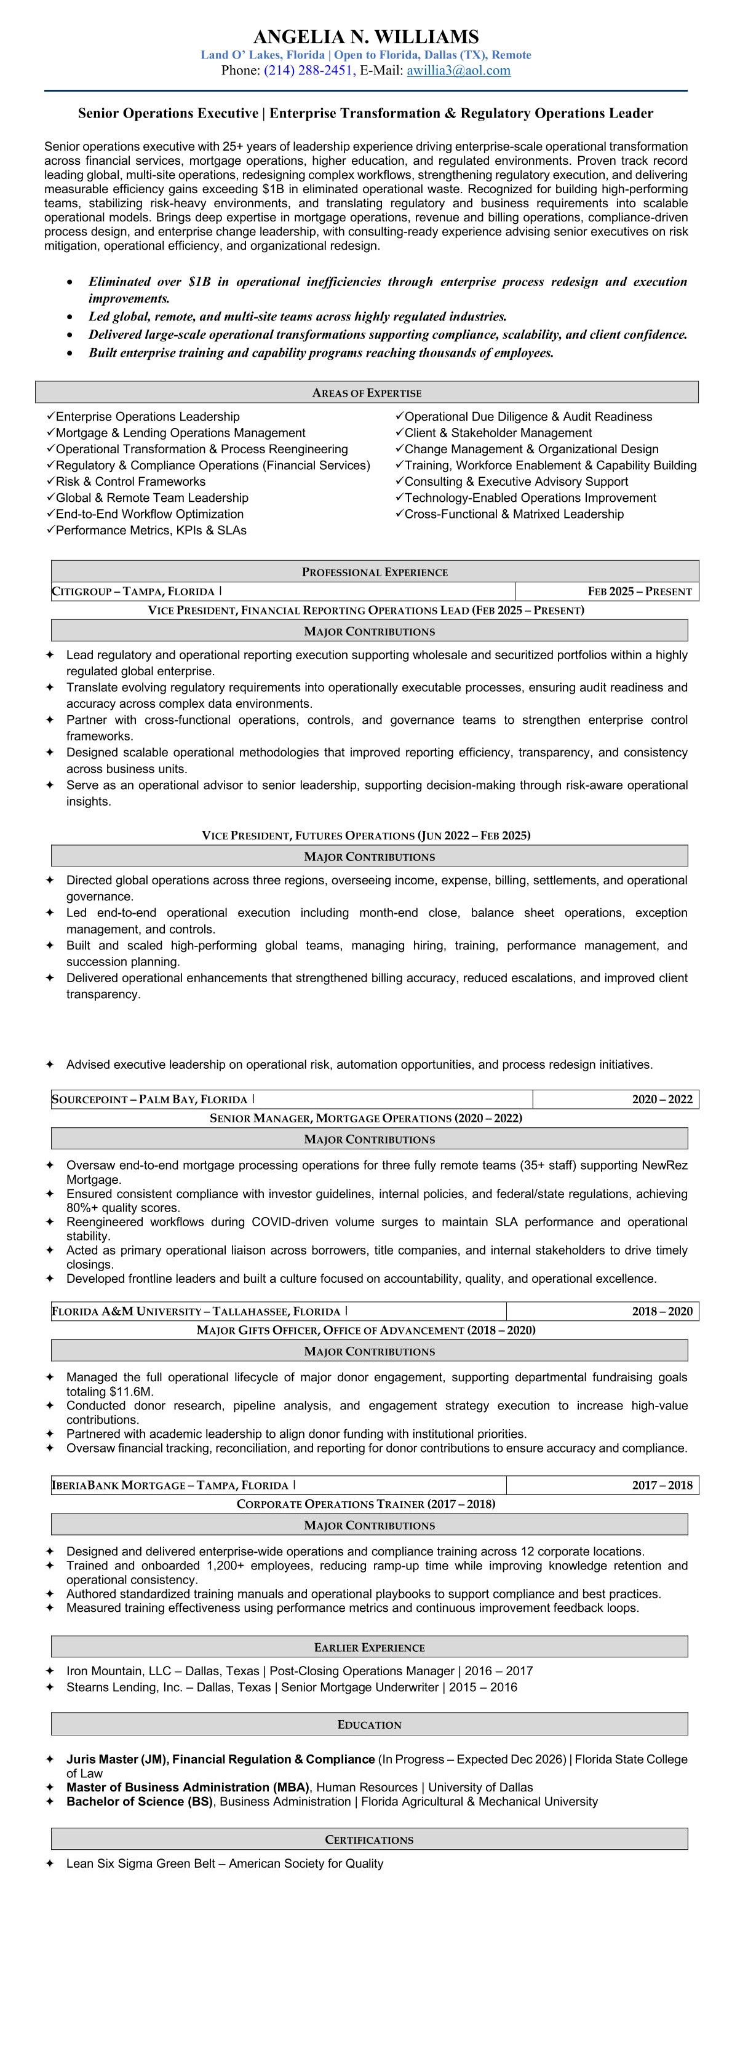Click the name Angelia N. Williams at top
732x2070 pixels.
[x=365, y=37]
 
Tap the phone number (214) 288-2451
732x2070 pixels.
[x=308, y=71]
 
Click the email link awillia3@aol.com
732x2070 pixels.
[x=458, y=71]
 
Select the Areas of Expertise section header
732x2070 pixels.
[x=367, y=393]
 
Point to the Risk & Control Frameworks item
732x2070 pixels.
[x=130, y=482]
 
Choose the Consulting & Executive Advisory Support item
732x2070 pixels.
[x=516, y=482]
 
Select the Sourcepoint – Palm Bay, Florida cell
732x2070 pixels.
[x=149, y=1100]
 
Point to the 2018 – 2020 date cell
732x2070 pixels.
[x=661, y=1311]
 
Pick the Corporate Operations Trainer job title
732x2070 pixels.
[x=365, y=1504]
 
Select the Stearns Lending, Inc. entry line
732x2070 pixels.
[x=292, y=1687]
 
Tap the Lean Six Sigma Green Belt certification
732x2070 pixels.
[x=225, y=1863]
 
